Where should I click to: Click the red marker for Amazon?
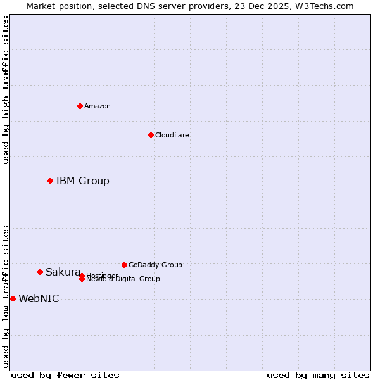click(80, 106)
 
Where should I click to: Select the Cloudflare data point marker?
click(151, 135)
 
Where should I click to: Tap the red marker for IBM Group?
click(50, 181)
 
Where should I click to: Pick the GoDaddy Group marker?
click(124, 265)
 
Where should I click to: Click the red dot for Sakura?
click(40, 272)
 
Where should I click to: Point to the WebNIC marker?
click(13, 298)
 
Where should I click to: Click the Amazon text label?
click(98, 106)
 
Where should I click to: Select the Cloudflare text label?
click(172, 135)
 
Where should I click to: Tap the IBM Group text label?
click(82, 181)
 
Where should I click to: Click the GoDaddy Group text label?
click(155, 265)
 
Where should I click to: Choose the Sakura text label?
click(63, 272)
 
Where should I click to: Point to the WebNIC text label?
click(39, 299)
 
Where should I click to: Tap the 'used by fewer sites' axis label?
click(65, 375)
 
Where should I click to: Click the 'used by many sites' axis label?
click(318, 375)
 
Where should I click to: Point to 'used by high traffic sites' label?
click(6, 90)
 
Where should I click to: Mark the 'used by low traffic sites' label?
click(6, 296)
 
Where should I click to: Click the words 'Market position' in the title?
click(56, 6)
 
